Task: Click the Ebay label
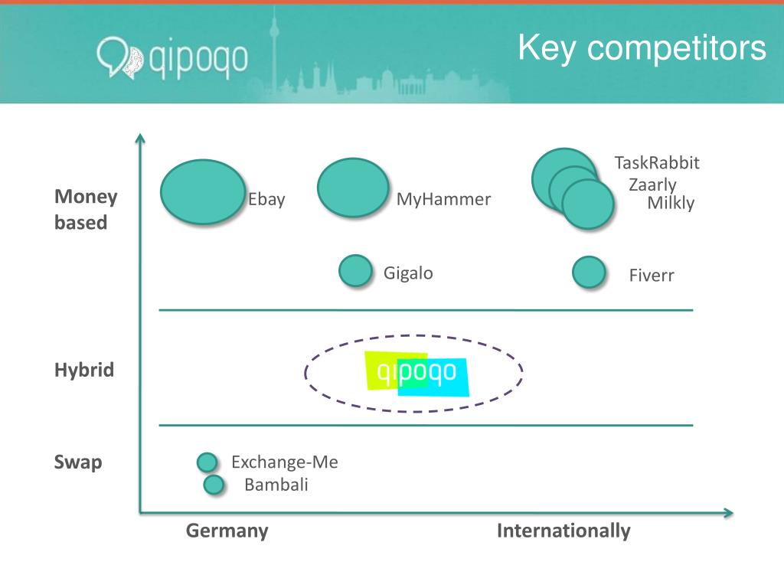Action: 266,200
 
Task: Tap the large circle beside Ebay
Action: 203,192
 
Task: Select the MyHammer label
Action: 443,200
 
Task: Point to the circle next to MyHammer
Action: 353,188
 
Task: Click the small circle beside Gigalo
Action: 355,271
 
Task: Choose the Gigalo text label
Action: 408,273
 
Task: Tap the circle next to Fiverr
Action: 589,273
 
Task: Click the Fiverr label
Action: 652,276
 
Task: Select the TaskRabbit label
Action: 657,163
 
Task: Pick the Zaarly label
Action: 652,185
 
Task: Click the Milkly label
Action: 671,203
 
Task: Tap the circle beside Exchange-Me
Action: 207,462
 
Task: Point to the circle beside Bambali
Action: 214,485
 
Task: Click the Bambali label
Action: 276,485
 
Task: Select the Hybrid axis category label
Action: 84,371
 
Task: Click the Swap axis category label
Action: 78,463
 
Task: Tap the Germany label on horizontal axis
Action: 227,531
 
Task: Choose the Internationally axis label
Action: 563,531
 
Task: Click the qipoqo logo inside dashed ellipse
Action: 416,374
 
